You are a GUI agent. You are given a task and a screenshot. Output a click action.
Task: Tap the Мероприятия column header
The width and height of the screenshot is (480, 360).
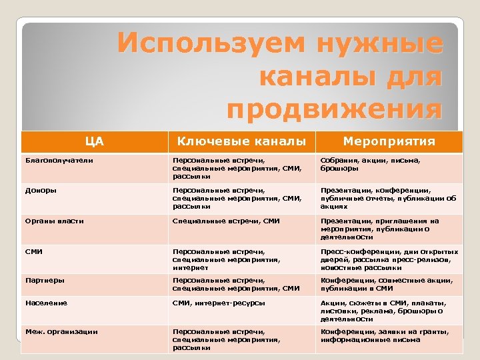point(389,141)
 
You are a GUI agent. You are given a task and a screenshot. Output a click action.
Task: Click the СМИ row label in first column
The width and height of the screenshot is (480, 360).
point(35,251)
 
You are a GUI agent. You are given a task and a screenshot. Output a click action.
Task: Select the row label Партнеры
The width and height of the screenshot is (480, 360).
point(45,281)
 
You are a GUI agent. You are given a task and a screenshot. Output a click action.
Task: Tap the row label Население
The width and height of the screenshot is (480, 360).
point(46,303)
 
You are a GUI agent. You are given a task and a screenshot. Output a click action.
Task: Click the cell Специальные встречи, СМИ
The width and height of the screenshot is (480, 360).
point(226,221)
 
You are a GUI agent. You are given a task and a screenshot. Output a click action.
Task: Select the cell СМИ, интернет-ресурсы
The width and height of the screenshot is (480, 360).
point(219,303)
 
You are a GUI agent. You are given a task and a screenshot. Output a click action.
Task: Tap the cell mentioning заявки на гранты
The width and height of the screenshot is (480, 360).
point(385,335)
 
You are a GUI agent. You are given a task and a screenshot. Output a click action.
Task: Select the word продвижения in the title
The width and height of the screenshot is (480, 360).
point(334,108)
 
